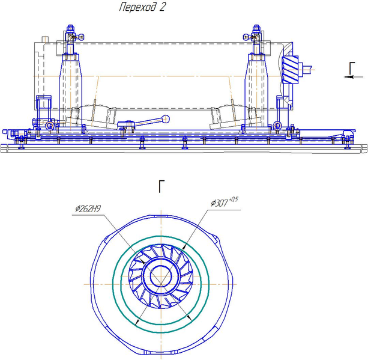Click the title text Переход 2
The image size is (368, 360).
point(142,7)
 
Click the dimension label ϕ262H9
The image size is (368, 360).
point(88,209)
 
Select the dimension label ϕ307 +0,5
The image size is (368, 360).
point(224,202)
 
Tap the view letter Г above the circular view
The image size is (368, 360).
point(161,186)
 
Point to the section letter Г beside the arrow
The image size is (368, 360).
point(352,68)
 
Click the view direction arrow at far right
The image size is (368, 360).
point(354,77)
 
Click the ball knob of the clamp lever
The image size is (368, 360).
point(166,119)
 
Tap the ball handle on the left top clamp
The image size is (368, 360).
point(81,37)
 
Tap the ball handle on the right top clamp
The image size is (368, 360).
point(246,37)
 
